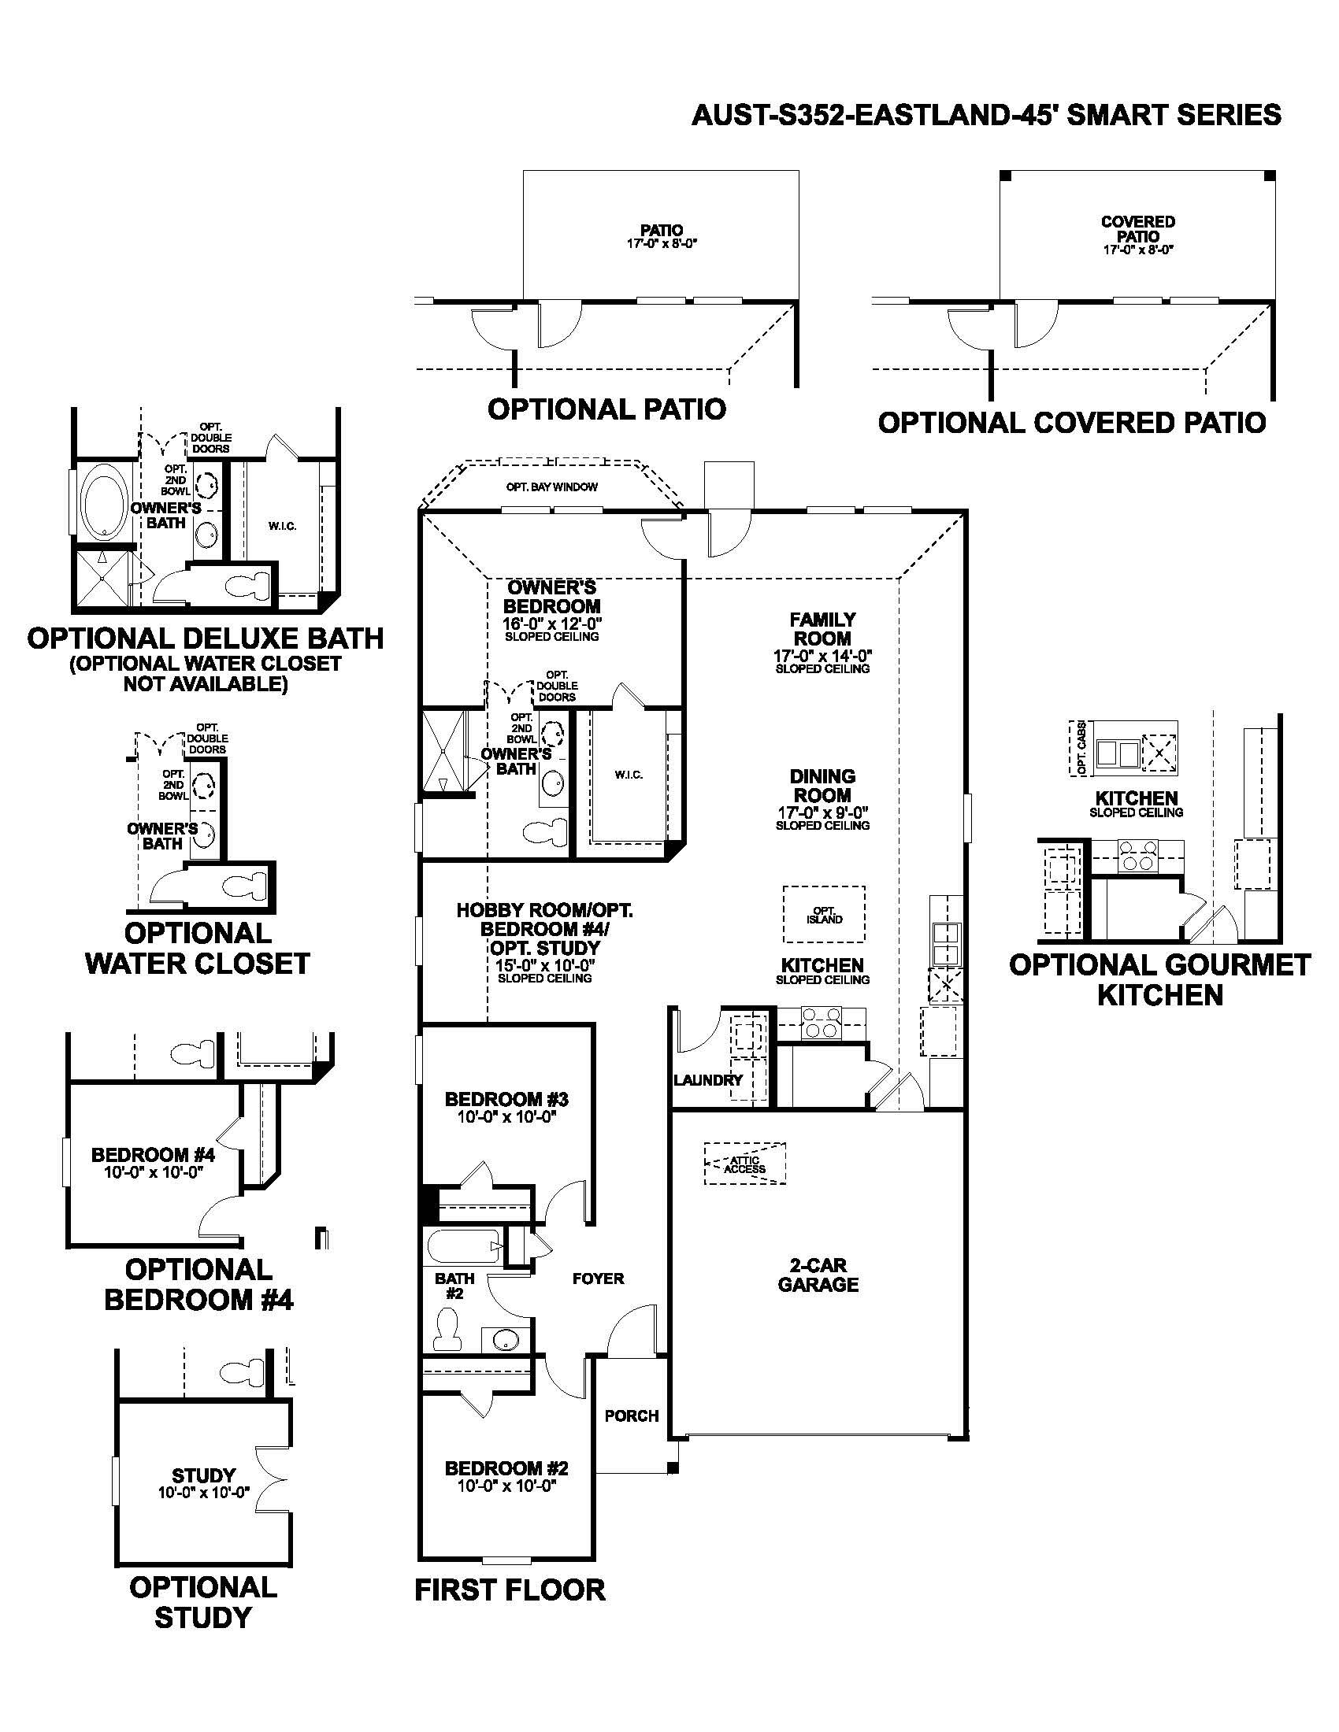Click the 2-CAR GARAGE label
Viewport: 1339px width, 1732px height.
pyautogui.click(x=818, y=1275)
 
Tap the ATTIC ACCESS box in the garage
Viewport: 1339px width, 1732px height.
pyautogui.click(x=745, y=1164)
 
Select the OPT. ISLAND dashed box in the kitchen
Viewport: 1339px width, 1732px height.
pyautogui.click(x=824, y=914)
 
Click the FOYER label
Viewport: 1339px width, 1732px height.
pyautogui.click(x=598, y=1279)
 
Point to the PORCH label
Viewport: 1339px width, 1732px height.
pyautogui.click(x=632, y=1416)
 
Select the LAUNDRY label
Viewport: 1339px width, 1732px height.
pyautogui.click(x=707, y=1080)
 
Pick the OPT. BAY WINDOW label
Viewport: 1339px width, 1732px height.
pyautogui.click(x=552, y=487)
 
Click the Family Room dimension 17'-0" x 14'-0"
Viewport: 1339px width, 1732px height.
pyautogui.click(x=822, y=656)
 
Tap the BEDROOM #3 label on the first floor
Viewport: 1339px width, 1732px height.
pyautogui.click(x=506, y=1099)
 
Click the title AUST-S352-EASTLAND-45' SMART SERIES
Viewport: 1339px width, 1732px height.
pyautogui.click(x=986, y=116)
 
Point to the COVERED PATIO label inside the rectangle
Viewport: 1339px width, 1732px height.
pyautogui.click(x=1137, y=229)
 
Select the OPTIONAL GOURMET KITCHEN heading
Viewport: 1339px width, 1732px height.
pyautogui.click(x=1159, y=980)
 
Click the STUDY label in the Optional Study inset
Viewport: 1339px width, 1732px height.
pyautogui.click(x=204, y=1475)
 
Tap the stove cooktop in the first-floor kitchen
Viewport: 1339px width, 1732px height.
pyautogui.click(x=820, y=1022)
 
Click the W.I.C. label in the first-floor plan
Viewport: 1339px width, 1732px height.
pyautogui.click(x=629, y=775)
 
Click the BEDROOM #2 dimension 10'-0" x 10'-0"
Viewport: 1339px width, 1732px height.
pyautogui.click(x=506, y=1486)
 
